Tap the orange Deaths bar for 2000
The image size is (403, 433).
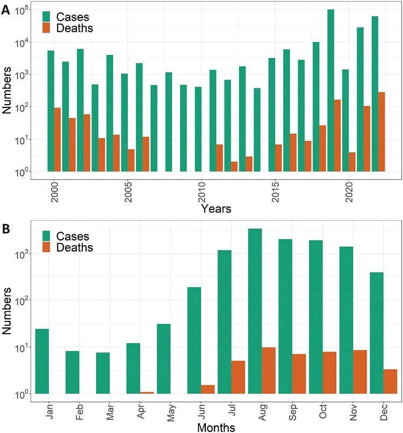pos(57,140)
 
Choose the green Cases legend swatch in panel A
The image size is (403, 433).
pos(48,16)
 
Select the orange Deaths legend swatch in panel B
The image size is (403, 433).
pos(48,248)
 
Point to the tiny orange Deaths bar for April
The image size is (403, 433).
pos(147,393)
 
